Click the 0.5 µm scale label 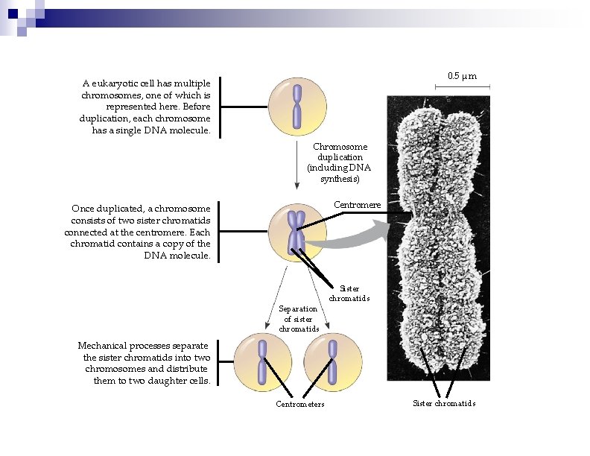pos(462,76)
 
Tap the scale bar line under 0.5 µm pos(463,88)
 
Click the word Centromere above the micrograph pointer pos(357,205)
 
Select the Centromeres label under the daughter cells pos(300,404)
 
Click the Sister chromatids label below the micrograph pos(444,403)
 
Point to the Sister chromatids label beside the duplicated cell pos(349,293)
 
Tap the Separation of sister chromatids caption pos(298,318)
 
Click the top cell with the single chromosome pos(297,106)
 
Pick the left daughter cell pos(263,361)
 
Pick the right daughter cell pos(333,361)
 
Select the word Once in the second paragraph pos(83,209)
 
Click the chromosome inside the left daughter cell pos(263,362)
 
